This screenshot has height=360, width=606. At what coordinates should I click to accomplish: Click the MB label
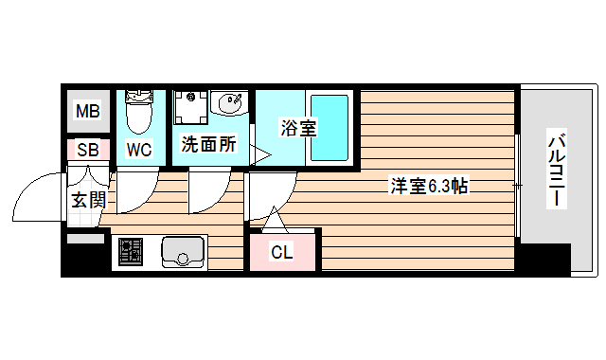[87, 113]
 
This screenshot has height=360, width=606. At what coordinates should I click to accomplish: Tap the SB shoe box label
[87, 150]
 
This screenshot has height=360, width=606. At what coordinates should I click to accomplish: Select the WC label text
[139, 150]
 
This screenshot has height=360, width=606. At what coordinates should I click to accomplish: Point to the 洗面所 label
[208, 147]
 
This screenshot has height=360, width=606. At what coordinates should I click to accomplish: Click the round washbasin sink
[230, 102]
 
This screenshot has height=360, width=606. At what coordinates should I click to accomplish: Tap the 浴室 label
[298, 129]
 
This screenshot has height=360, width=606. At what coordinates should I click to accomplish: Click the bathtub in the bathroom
[330, 127]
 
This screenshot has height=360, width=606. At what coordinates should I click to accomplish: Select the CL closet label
[281, 252]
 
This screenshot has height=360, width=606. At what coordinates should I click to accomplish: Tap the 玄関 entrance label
[87, 200]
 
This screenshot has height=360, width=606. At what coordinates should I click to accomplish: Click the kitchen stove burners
[131, 252]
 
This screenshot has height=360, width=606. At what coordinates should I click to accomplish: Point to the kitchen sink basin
[182, 252]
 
